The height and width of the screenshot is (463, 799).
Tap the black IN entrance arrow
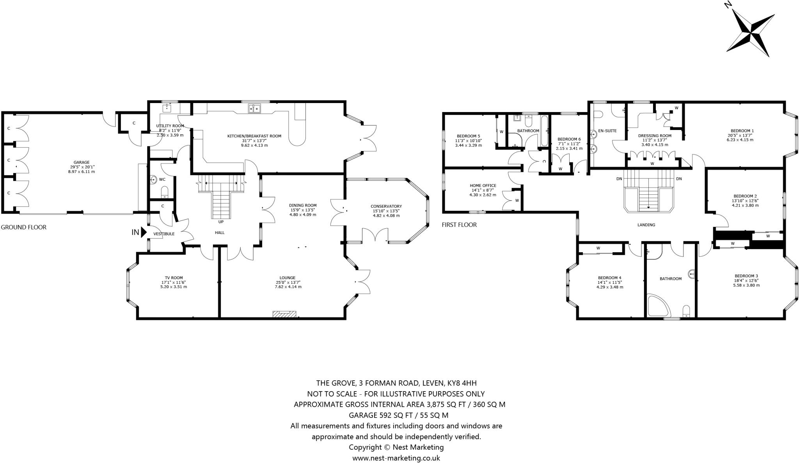143,233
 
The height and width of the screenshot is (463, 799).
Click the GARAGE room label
82,162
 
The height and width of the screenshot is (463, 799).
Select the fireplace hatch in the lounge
284,313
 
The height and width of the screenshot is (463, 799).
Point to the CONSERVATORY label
386,206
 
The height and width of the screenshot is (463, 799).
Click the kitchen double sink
254,108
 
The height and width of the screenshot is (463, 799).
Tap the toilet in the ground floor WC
165,192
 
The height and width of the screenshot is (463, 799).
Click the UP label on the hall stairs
221,222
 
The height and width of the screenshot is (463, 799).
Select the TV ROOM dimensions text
174,287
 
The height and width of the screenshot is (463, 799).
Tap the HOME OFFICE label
483,186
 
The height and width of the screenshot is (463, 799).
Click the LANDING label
646,225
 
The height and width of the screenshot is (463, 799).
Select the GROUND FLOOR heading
23,227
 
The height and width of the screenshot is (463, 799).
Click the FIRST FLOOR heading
459,225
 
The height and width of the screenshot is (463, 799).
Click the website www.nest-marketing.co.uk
396,458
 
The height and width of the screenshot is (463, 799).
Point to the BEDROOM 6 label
569,139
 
